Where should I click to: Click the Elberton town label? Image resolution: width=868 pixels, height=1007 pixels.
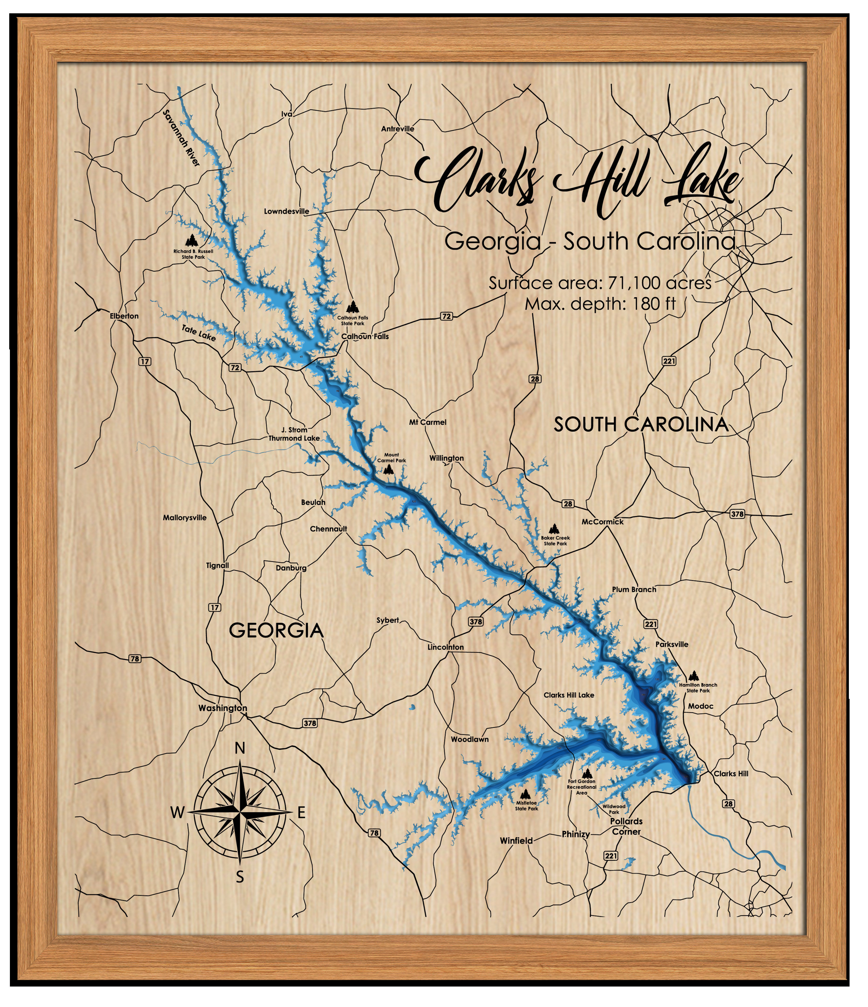124,316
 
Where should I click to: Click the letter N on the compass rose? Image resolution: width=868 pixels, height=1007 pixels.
240,749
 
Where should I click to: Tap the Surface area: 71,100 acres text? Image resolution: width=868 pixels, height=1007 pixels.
600,283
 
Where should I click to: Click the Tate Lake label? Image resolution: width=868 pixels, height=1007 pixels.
198,333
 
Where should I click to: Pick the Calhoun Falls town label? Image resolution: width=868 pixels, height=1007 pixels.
365,336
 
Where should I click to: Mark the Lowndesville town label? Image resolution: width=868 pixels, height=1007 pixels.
286,212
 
